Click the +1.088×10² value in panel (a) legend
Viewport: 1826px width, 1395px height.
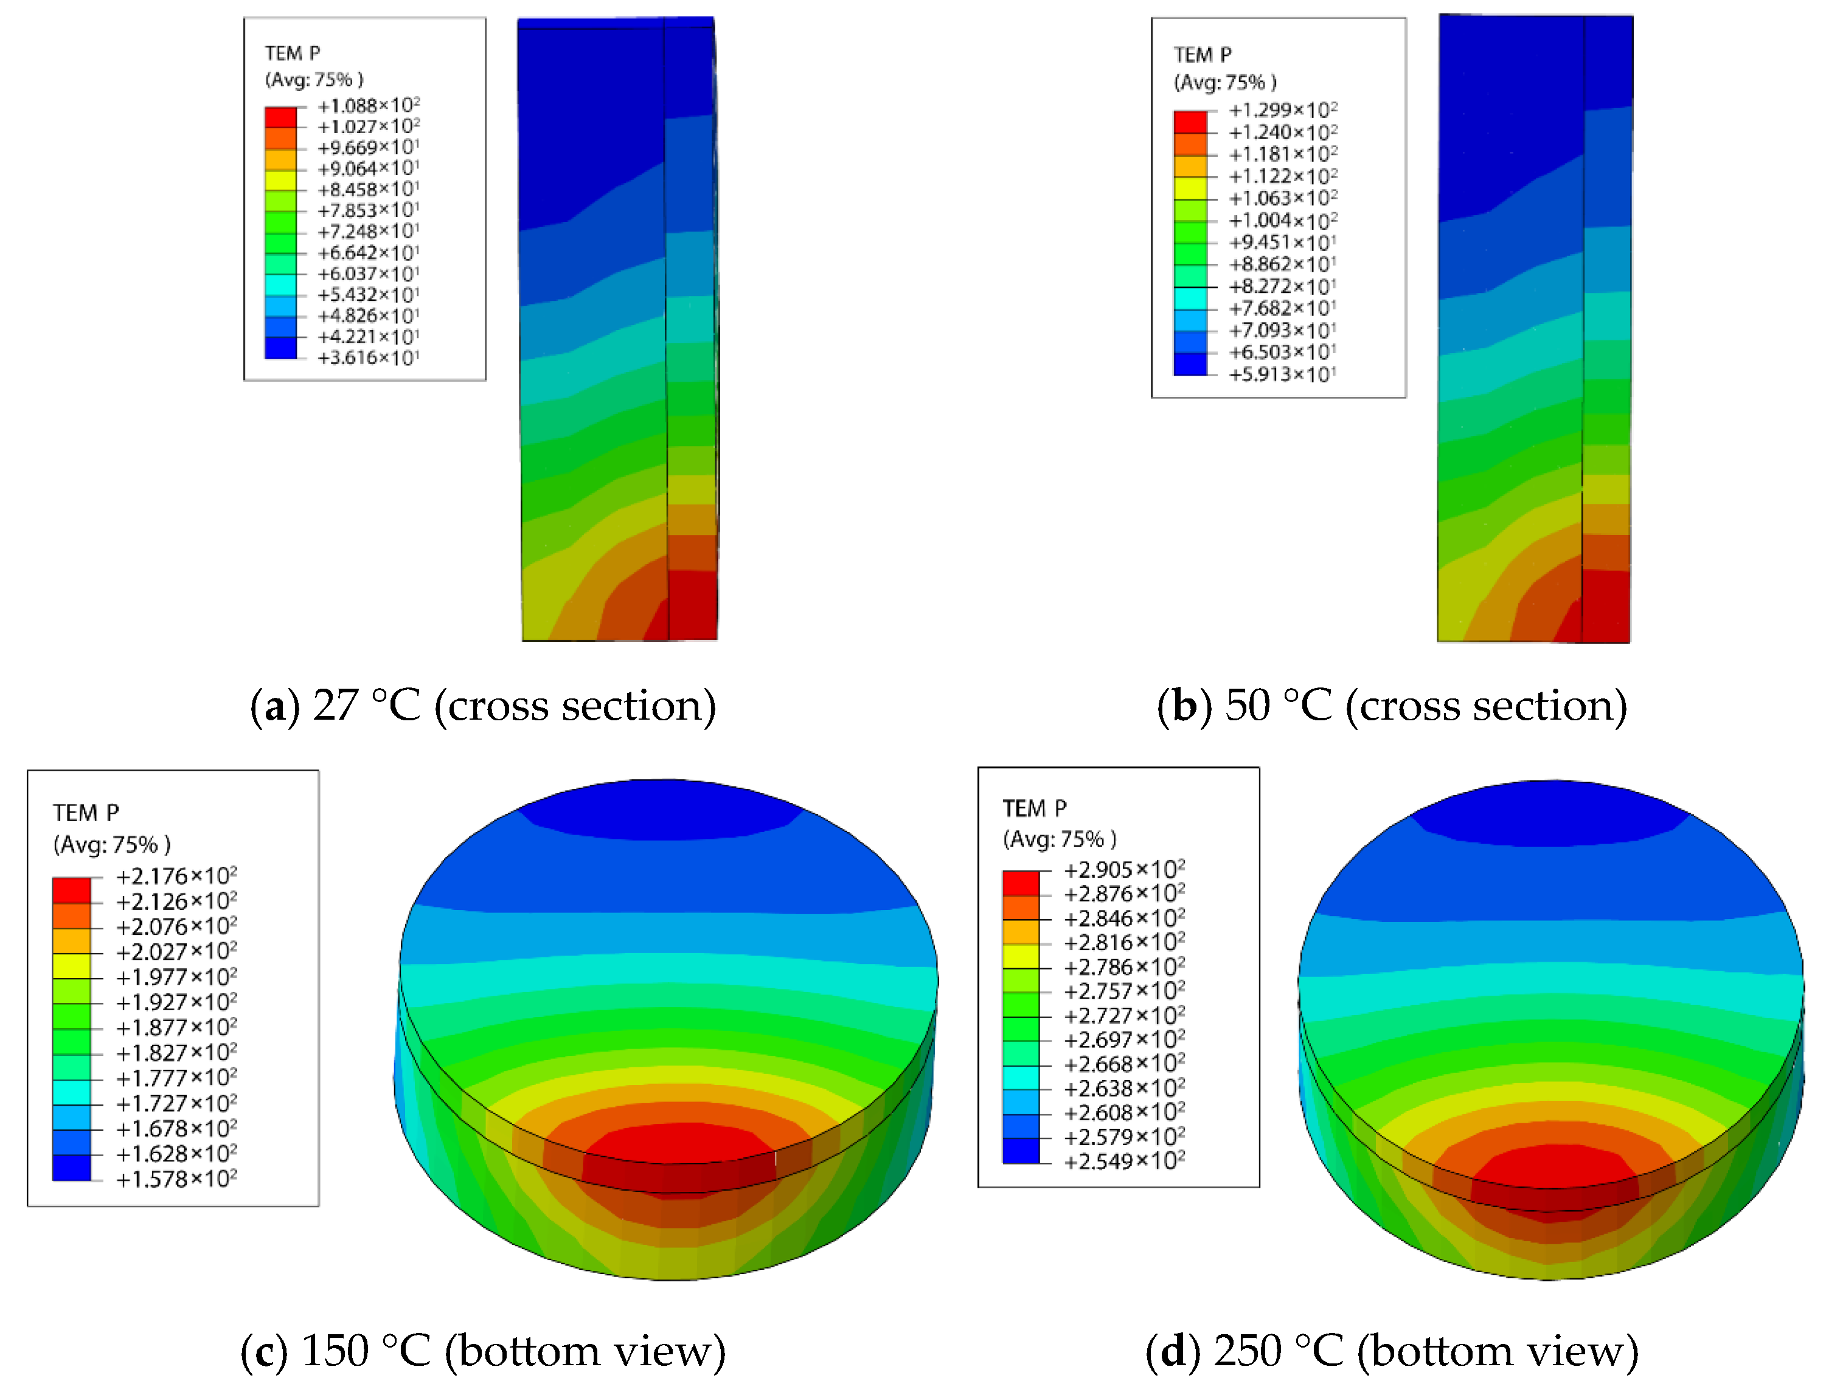368,105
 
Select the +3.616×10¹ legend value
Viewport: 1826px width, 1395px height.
368,358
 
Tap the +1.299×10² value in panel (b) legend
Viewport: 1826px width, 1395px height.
1283,109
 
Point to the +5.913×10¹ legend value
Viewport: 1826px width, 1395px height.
1283,374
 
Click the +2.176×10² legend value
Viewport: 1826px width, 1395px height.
176,876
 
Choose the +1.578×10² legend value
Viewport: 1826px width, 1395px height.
176,1179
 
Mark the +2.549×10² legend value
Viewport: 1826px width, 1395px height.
1124,1161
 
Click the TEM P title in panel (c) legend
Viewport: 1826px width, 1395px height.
86,812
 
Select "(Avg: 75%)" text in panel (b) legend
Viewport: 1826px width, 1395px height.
1224,82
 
